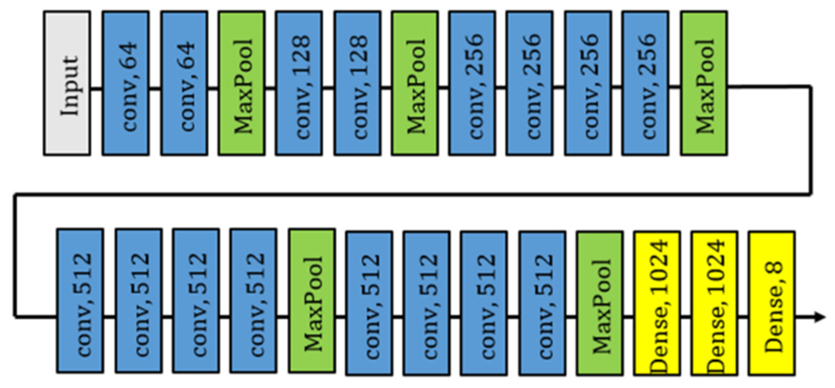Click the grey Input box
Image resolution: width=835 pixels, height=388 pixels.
(x=67, y=83)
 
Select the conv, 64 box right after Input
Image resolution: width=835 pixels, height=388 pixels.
(x=125, y=83)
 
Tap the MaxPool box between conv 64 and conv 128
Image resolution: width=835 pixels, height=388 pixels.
(x=242, y=83)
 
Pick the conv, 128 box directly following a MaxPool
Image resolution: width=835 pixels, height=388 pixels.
(x=298, y=83)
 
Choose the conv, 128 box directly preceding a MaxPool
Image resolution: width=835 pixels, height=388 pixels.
(x=357, y=83)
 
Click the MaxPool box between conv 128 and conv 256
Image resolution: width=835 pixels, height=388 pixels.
(x=415, y=83)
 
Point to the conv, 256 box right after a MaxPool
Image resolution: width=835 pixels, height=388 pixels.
(x=472, y=83)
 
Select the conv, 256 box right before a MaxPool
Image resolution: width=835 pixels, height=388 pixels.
(x=645, y=83)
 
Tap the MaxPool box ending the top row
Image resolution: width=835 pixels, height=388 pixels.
(x=704, y=83)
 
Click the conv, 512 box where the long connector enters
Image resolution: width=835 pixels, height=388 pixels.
(x=80, y=301)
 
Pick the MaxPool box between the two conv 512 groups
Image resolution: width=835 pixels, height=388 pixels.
(x=312, y=301)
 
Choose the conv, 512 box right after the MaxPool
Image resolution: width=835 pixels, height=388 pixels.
(x=369, y=303)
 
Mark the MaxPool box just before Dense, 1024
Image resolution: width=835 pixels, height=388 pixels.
(x=600, y=303)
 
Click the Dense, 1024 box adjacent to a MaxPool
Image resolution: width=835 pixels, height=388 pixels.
(x=657, y=303)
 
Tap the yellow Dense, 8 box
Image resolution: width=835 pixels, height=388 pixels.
(x=771, y=303)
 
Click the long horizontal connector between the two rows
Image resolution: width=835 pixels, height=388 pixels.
(x=412, y=194)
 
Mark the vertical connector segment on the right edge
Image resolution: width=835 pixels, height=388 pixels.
(x=810, y=140)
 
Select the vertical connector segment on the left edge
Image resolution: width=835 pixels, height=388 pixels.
(x=15, y=255)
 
